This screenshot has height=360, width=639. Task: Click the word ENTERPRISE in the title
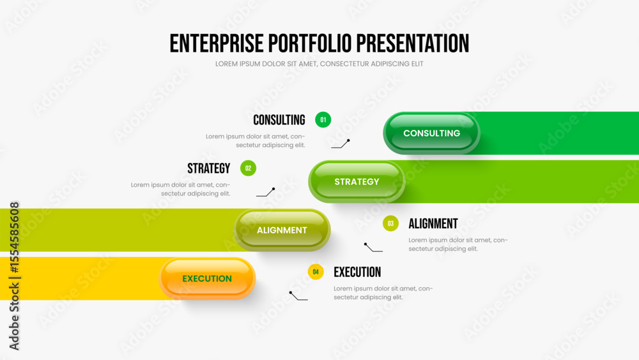217,43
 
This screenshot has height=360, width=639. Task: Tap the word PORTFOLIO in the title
310,43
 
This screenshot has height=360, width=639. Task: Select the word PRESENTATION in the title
412,43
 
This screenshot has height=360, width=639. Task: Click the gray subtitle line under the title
319,64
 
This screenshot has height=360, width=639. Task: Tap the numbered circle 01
323,120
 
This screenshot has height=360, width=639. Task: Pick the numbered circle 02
248,168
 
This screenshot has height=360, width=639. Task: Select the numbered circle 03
390,223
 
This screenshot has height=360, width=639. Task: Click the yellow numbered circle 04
316,272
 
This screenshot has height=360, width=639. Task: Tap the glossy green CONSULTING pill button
431,133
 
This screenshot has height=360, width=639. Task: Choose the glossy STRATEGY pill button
357,182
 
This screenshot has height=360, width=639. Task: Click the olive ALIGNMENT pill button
282,230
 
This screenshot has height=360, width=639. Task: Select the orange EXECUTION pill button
207,278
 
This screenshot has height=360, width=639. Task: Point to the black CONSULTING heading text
279,120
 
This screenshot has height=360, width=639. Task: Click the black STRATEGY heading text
209,168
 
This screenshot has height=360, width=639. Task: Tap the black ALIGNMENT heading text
433,224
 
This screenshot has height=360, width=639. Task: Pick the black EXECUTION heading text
357,272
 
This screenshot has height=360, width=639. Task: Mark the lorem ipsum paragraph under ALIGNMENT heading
458,245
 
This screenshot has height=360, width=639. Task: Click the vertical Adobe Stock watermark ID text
14,276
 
